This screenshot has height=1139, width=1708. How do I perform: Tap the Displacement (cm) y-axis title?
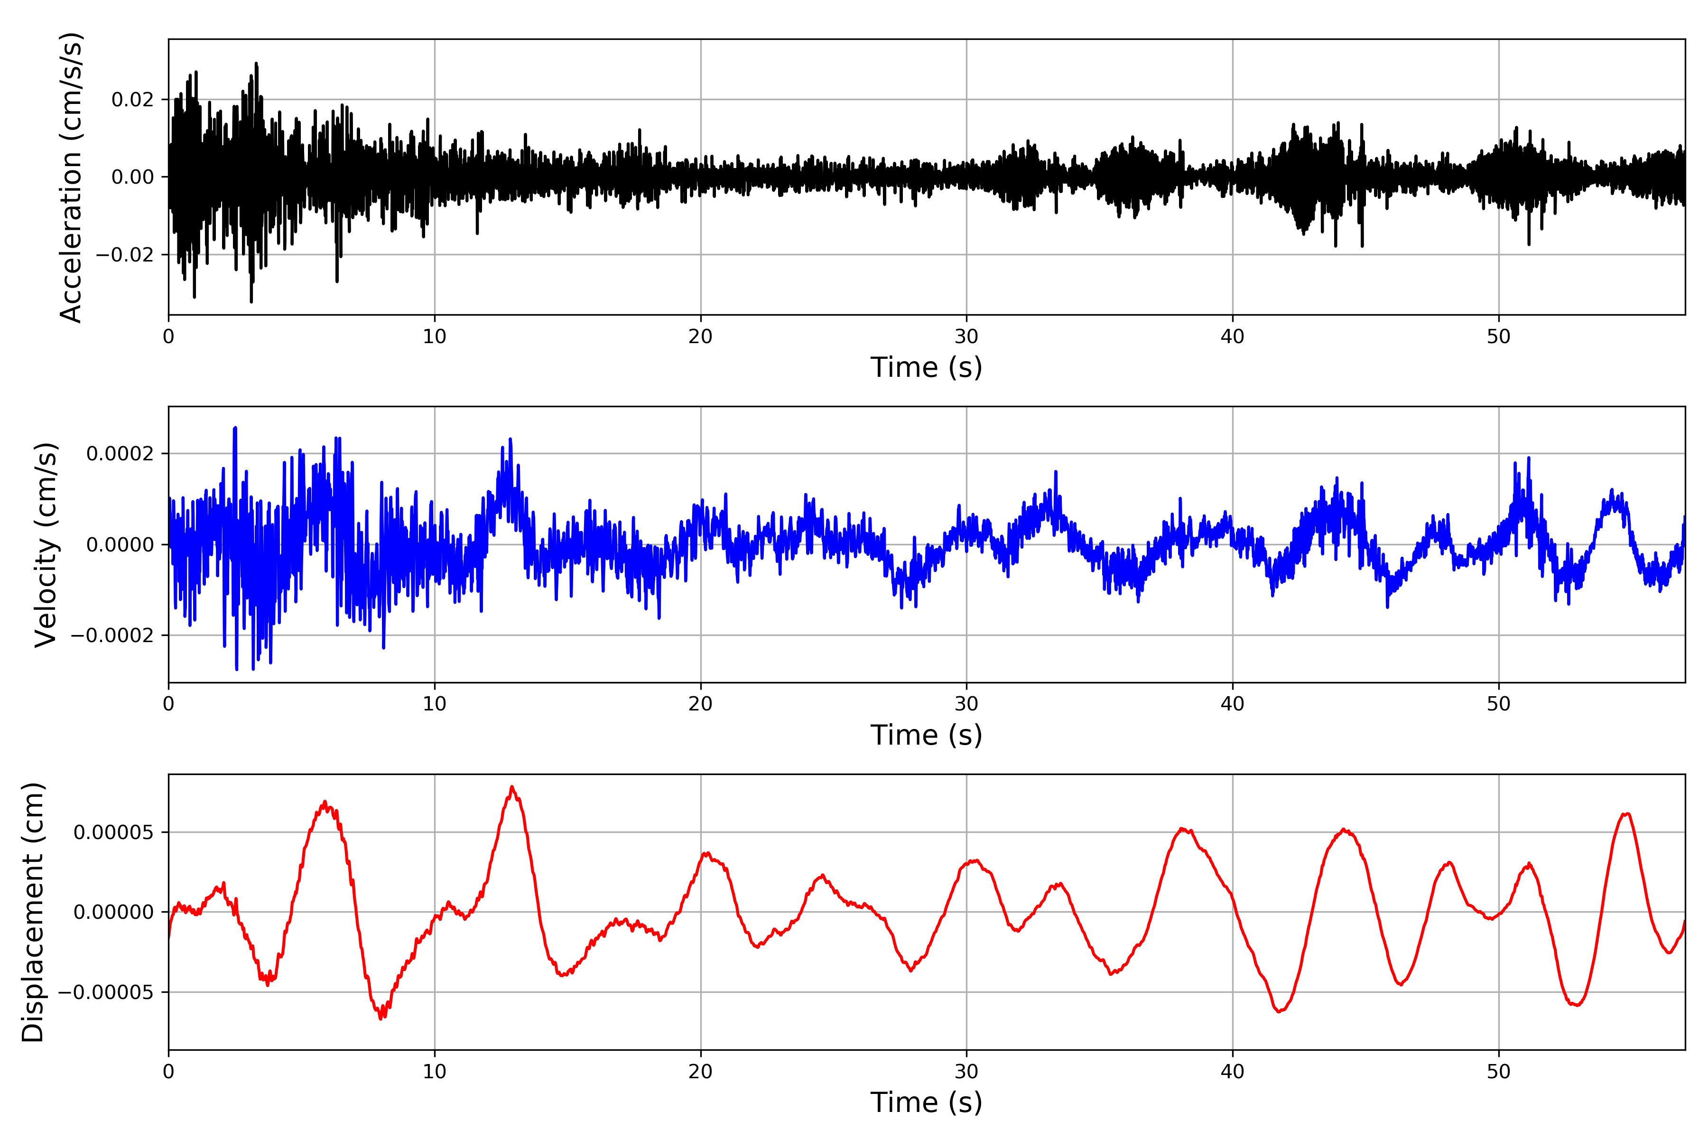pos(33,912)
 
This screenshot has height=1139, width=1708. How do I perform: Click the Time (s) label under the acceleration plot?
pos(926,367)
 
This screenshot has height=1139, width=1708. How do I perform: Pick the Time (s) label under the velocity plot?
pos(926,735)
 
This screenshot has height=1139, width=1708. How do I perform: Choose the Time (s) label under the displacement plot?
pos(926,1102)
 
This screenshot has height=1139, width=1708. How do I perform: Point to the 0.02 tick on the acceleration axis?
pos(132,100)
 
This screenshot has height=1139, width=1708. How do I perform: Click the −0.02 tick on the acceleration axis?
pos(125,255)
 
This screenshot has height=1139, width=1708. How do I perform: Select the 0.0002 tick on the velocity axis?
pos(120,454)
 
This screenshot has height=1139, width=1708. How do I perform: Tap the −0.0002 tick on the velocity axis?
pos(112,635)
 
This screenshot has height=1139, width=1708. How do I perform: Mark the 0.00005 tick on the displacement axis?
pos(113,832)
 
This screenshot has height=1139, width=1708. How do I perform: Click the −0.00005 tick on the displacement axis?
pos(106,992)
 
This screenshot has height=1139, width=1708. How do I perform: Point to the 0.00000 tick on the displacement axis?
pos(113,912)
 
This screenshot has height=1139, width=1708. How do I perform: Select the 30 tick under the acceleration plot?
pos(966,337)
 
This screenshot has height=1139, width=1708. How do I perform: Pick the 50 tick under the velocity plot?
pos(1498,704)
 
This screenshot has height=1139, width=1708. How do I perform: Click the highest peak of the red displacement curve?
pos(512,787)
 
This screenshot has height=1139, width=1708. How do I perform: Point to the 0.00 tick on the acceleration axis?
pos(132,177)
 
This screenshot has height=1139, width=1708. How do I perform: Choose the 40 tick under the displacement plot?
pos(1232,1072)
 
